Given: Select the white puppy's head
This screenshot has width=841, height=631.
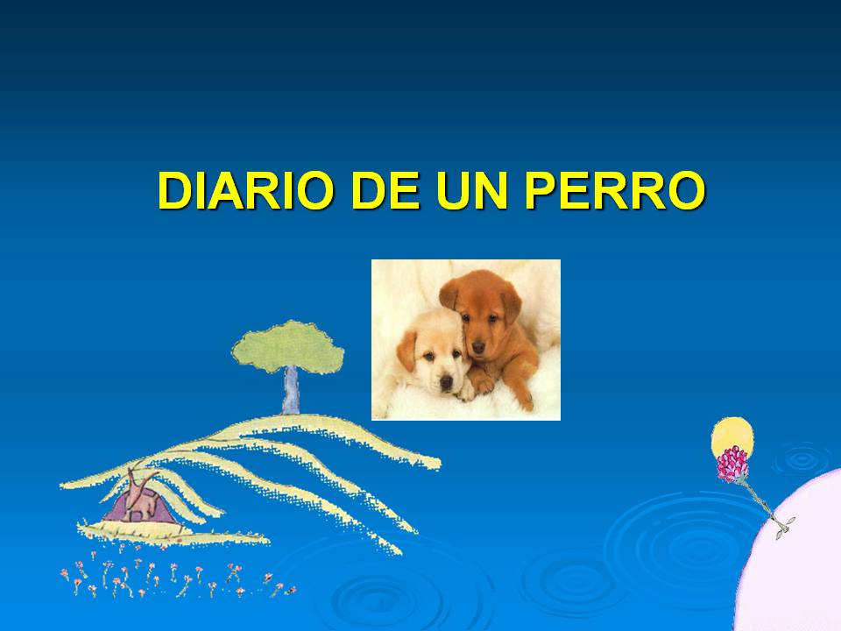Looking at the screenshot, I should pyautogui.click(x=433, y=354).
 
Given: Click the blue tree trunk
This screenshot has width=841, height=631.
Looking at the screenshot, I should pyautogui.click(x=290, y=391).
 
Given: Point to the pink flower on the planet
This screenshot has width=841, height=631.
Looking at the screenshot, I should pyautogui.click(x=732, y=464).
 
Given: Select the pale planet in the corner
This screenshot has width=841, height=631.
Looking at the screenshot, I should pyautogui.click(x=797, y=561).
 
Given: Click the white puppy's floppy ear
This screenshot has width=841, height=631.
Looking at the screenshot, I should pyautogui.click(x=406, y=351).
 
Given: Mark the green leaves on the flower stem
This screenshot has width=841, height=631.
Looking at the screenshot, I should pyautogui.click(x=785, y=526).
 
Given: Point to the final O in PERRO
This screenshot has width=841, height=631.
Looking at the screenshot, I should pyautogui.click(x=683, y=190).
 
